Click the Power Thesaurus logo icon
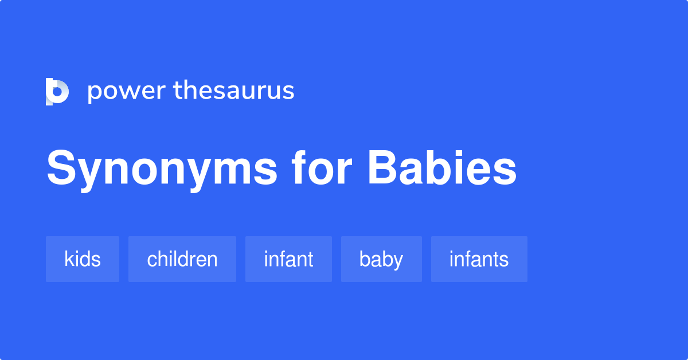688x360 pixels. (57, 92)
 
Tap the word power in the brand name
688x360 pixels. (126, 91)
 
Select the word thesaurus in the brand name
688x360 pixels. (234, 91)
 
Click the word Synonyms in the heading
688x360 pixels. (162, 169)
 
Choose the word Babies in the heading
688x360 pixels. (442, 169)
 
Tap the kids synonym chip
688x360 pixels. (83, 259)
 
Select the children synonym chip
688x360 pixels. (182, 259)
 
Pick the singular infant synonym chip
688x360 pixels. (288, 259)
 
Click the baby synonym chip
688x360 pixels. (381, 259)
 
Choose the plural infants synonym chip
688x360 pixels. (479, 259)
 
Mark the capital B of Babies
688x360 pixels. (382, 169)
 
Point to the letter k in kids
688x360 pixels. (68, 259)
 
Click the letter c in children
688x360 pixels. (151, 261)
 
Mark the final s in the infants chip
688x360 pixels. (505, 261)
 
